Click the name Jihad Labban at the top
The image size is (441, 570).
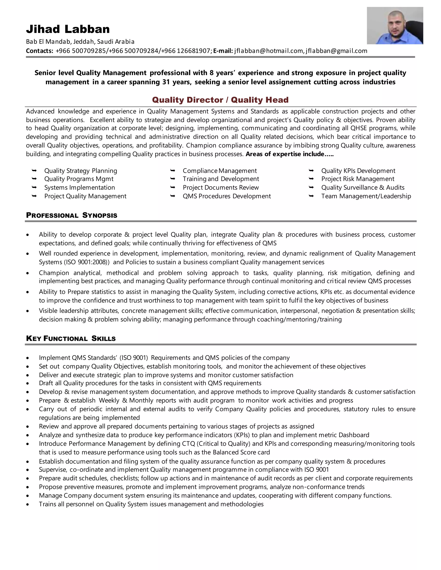[68, 29]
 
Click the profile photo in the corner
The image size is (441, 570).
[394, 26]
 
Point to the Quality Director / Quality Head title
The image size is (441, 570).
[220, 100]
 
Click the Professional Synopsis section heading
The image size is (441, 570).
[71, 215]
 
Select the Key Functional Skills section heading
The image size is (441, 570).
[71, 339]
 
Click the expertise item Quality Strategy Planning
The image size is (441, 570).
[81, 171]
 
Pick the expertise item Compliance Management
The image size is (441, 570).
[219, 171]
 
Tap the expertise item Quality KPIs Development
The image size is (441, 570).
[358, 171]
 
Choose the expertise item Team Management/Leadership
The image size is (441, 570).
[366, 196]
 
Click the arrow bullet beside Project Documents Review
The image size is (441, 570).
[172, 187]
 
